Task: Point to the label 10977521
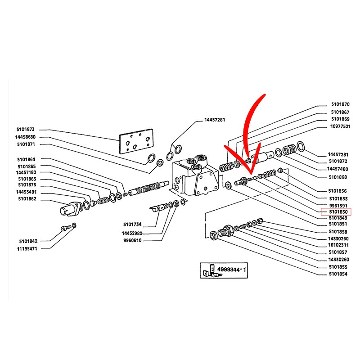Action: point(340,127)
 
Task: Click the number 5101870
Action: point(340,104)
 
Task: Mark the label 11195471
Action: point(27,248)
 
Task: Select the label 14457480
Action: point(337,169)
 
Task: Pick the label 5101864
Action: point(27,159)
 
